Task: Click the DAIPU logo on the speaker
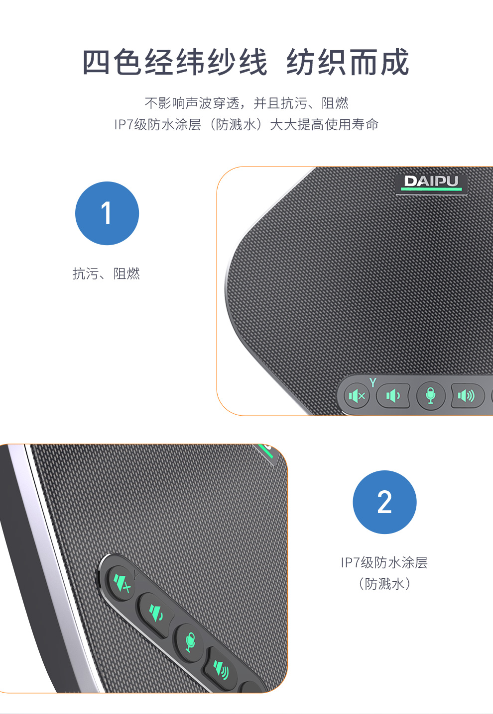tap(431, 184)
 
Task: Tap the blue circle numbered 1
tap(107, 213)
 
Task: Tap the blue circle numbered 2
tap(384, 502)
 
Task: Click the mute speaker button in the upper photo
tap(357, 396)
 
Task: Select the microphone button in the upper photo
tap(431, 396)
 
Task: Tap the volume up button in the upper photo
tap(468, 396)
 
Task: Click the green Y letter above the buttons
tap(372, 382)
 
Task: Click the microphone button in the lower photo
tap(190, 642)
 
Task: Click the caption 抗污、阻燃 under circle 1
tap(106, 273)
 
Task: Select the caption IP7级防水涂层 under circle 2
tap(384, 562)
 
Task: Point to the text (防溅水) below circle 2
tap(384, 584)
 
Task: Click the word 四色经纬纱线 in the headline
tap(175, 62)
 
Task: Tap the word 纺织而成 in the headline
tap(348, 62)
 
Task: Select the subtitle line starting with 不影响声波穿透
tap(246, 103)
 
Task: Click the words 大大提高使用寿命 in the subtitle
tap(324, 124)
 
